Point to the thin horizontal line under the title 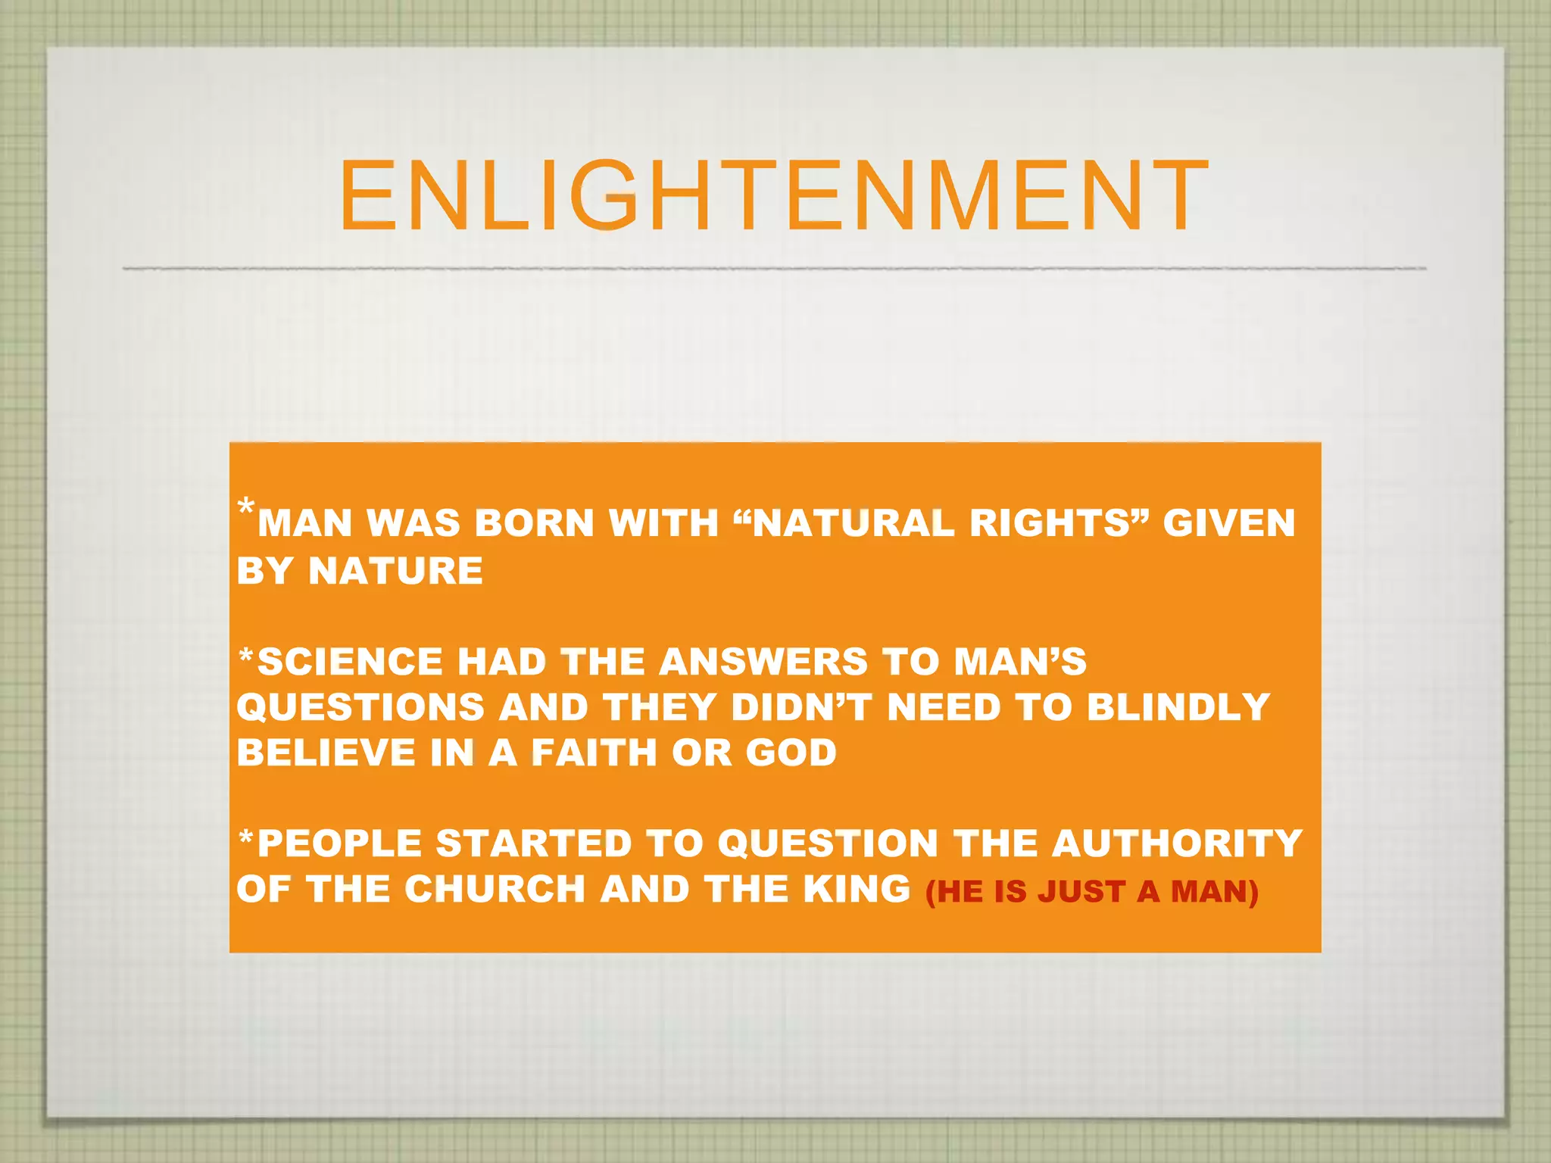[772, 269]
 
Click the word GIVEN [1228, 523]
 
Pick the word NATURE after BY [395, 570]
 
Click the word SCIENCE [350, 662]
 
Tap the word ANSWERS [763, 662]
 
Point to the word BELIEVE [326, 753]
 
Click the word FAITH [594, 753]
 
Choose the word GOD [791, 753]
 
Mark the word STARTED [534, 843]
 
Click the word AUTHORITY [1177, 843]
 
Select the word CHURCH [495, 889]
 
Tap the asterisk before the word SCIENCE [245, 656]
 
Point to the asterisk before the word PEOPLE [245, 837]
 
